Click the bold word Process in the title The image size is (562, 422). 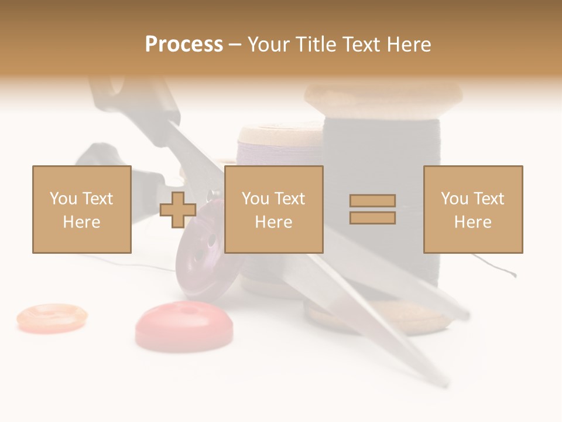(184, 45)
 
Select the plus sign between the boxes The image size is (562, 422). (178, 209)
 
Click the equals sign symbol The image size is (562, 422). (372, 209)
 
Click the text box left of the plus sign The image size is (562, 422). (81, 209)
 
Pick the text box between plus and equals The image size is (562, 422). (273, 209)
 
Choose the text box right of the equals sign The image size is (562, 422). (472, 209)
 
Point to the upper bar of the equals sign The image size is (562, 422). (372, 201)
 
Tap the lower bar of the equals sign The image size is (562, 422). (372, 218)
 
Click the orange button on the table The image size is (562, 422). (52, 317)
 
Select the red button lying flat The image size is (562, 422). (184, 323)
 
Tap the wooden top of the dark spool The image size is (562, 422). (383, 94)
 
